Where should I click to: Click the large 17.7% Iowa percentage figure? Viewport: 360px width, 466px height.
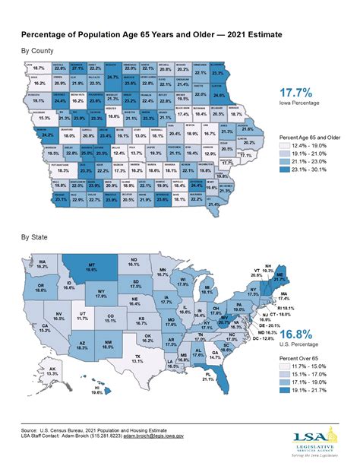(x=290, y=117)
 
